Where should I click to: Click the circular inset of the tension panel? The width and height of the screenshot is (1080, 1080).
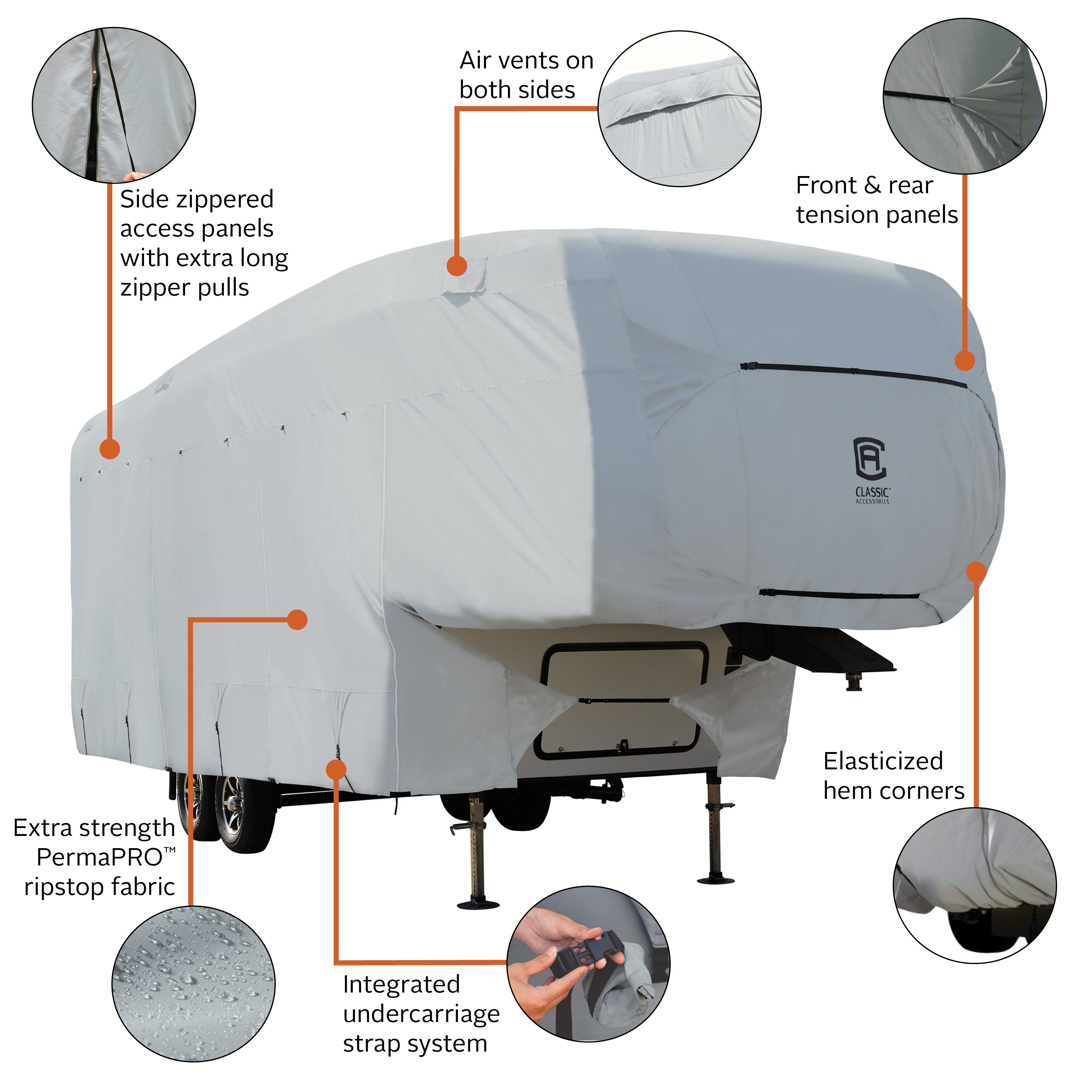(964, 96)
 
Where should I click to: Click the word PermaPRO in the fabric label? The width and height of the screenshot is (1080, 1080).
(99, 857)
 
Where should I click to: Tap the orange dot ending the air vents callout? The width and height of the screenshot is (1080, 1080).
(457, 266)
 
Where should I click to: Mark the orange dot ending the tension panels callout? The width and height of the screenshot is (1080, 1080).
(964, 361)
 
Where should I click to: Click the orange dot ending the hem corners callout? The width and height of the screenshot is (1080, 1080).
(976, 571)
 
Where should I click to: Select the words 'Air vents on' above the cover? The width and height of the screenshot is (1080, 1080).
(526, 60)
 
